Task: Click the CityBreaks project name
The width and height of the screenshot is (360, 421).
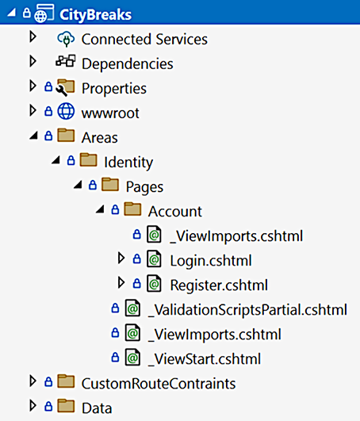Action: tap(96, 14)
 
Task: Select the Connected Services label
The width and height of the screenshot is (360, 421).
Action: tap(144, 39)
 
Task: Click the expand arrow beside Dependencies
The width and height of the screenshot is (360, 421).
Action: tap(33, 61)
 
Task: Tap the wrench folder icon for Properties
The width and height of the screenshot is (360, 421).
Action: tap(65, 87)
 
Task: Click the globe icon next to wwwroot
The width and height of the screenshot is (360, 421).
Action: tap(66, 111)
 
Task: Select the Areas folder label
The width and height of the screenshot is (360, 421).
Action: tap(100, 138)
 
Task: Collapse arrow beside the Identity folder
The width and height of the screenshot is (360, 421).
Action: tap(56, 160)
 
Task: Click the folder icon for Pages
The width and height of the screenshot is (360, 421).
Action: tap(110, 185)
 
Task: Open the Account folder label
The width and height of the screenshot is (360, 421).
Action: tap(175, 212)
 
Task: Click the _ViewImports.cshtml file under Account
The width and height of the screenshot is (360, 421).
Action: tap(236, 236)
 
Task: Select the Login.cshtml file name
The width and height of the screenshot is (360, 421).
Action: tap(211, 261)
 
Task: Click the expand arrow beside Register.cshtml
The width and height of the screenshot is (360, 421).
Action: tap(121, 283)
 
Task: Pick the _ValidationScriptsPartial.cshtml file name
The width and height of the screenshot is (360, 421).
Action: tap(247, 310)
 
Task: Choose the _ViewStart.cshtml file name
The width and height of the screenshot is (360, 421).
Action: tap(205, 359)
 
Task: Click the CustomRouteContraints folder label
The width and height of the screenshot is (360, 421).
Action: tap(159, 384)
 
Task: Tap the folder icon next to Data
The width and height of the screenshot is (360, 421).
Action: tap(66, 405)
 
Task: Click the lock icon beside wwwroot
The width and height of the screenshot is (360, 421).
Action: tap(48, 111)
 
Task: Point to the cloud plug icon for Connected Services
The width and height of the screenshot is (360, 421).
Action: tap(66, 39)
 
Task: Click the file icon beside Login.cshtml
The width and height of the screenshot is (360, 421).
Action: tap(154, 258)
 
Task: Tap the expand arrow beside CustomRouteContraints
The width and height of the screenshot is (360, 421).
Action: tap(33, 381)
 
